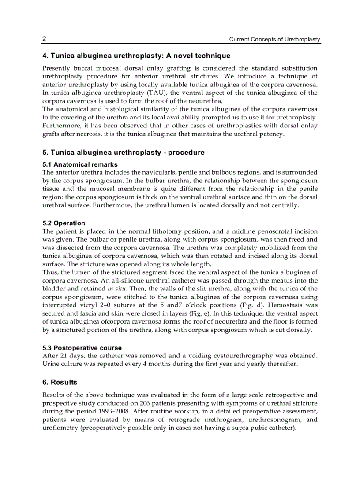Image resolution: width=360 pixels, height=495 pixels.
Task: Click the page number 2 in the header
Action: tap(45, 39)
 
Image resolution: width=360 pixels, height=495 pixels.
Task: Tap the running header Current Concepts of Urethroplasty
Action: tap(274, 40)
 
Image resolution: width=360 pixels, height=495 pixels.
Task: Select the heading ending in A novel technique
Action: tap(136, 56)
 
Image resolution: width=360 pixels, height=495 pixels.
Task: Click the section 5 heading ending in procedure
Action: tap(124, 153)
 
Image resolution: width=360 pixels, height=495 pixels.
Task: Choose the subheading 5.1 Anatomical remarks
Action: tap(80, 164)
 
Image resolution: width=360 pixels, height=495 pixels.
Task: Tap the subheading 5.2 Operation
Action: tap(64, 223)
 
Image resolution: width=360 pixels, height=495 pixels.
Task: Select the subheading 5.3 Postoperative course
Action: tap(82, 348)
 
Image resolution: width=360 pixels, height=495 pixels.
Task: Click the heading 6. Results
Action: tap(60, 382)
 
